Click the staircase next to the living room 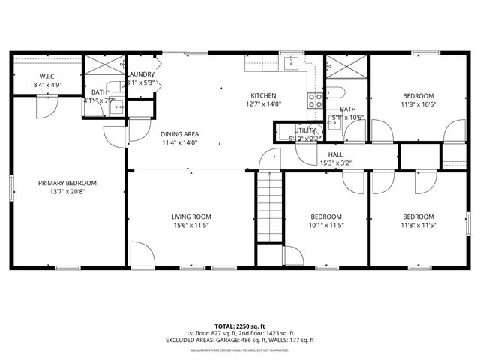pyautogui.click(x=269, y=206)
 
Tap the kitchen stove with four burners pyautogui.click(x=316, y=100)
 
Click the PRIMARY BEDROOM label pyautogui.click(x=68, y=183)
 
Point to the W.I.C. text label pyautogui.click(x=48, y=76)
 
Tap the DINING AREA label pyautogui.click(x=178, y=134)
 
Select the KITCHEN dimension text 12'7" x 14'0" pyautogui.click(x=264, y=105)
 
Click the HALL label pyautogui.click(x=335, y=155)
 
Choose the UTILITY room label pyautogui.click(x=305, y=130)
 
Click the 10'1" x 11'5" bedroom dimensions pyautogui.click(x=326, y=225)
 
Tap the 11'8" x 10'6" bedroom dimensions pyautogui.click(x=418, y=105)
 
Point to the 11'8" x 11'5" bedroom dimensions pyautogui.click(x=418, y=225)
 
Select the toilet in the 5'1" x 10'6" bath pyautogui.click(x=337, y=92)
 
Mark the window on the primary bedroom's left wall pyautogui.click(x=10, y=187)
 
